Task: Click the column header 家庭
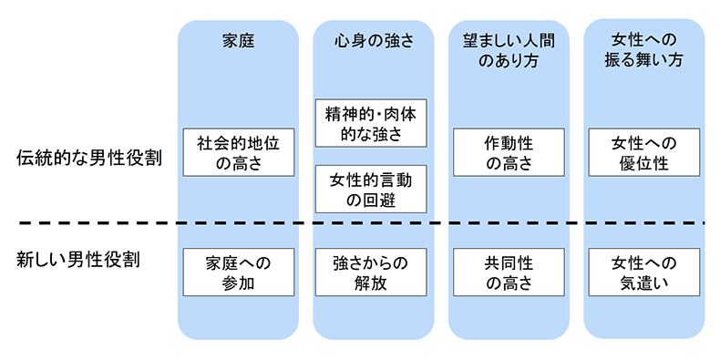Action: point(238,40)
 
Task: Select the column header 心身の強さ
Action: point(372,40)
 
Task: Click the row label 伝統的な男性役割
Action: point(89,157)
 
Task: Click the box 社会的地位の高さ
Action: point(238,152)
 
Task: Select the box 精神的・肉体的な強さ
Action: point(372,123)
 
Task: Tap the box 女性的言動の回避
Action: point(372,190)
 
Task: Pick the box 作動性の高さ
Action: point(508,152)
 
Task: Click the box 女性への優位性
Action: point(644,152)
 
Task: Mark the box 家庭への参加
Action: point(238,272)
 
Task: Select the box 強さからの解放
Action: point(372,272)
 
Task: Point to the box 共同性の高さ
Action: point(508,272)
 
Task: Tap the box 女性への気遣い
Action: point(644,272)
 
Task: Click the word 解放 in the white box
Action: point(372,283)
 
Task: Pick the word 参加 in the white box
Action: point(238,283)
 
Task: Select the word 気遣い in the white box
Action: point(644,283)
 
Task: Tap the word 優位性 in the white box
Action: point(644,163)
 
